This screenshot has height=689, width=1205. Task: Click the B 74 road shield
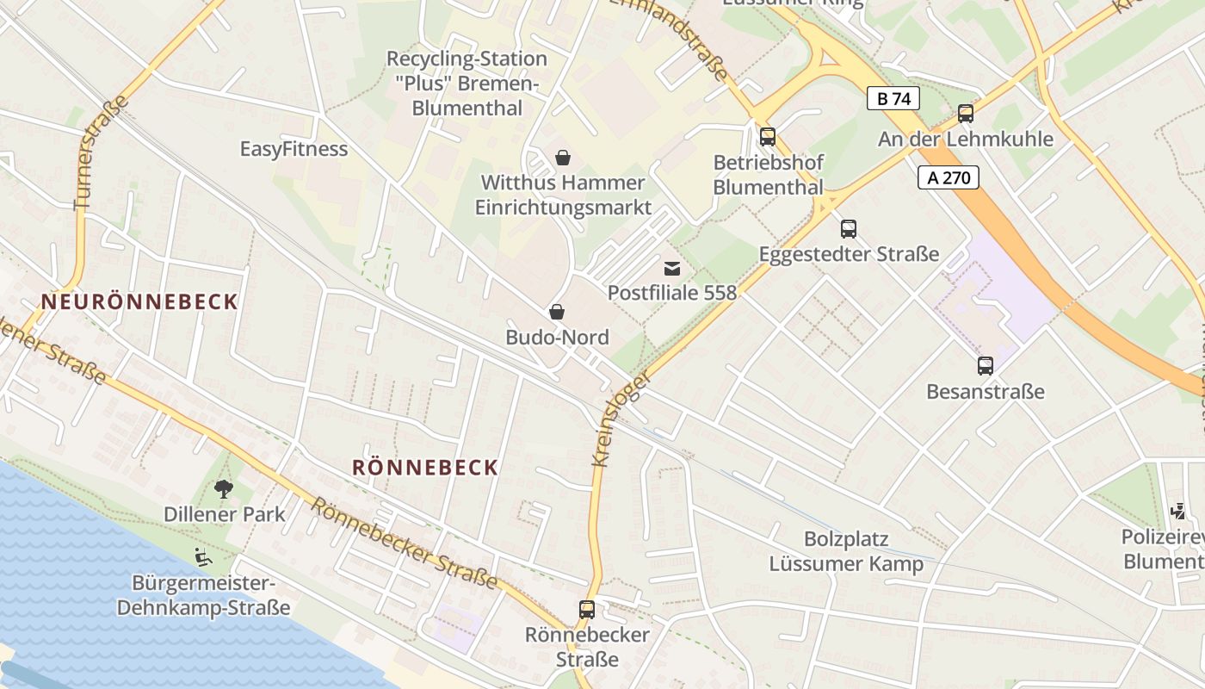click(893, 99)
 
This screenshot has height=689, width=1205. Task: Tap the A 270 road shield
click(949, 178)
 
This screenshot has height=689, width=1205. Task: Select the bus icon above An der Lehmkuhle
click(966, 114)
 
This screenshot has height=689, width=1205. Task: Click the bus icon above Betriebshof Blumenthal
click(767, 137)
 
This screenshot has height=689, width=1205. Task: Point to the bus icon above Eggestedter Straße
click(849, 229)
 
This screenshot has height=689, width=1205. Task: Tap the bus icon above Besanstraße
click(986, 366)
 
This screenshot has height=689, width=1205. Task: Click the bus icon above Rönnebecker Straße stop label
click(587, 610)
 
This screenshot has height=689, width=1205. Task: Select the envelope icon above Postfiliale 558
click(672, 269)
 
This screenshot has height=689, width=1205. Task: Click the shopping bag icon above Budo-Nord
click(557, 312)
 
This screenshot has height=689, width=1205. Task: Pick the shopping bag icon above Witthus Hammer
click(563, 158)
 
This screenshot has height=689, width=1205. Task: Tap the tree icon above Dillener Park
click(224, 489)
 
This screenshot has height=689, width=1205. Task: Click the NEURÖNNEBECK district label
click(139, 302)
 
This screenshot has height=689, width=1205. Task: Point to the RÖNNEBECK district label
click(425, 468)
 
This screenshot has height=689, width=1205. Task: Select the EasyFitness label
click(294, 149)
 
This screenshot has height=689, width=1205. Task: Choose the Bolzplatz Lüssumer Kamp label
click(846, 551)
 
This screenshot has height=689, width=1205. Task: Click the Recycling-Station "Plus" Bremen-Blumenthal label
click(467, 84)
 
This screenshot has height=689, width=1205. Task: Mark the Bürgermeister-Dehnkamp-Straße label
click(203, 595)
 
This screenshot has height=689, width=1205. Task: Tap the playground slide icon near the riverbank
click(203, 557)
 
